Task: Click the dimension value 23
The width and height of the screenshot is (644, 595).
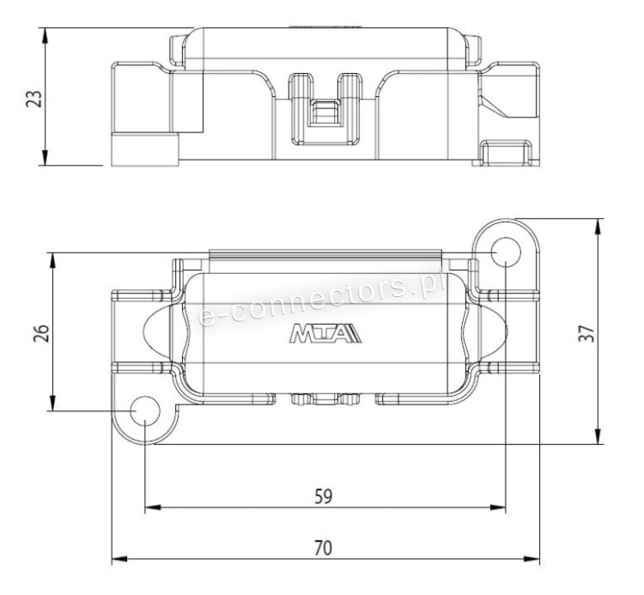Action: pyautogui.click(x=34, y=99)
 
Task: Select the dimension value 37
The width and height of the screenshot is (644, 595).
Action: pyautogui.click(x=586, y=333)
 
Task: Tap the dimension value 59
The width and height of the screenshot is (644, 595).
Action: pyautogui.click(x=323, y=496)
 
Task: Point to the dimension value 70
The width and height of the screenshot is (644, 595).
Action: pyautogui.click(x=323, y=548)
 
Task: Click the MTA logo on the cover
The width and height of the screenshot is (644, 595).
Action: pyautogui.click(x=325, y=333)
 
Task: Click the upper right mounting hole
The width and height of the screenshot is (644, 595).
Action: pyautogui.click(x=506, y=252)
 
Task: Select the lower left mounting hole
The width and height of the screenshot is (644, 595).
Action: pyautogui.click(x=145, y=411)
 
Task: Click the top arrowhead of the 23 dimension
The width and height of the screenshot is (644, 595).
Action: pyautogui.click(x=46, y=35)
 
